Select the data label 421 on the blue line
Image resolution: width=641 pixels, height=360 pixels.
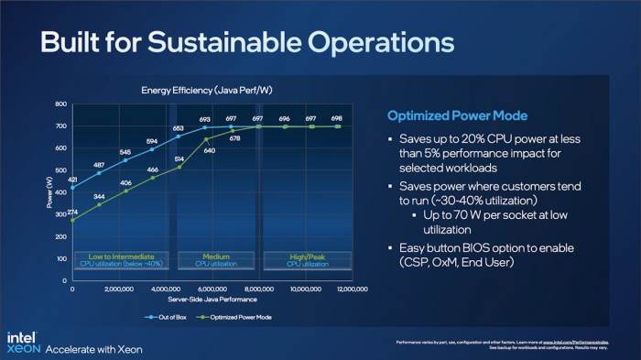pos(72,180)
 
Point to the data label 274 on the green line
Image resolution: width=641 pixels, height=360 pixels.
pos(72,213)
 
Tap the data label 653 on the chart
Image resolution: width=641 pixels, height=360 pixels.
pos(179,129)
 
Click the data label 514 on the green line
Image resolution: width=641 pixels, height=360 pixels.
pos(179,158)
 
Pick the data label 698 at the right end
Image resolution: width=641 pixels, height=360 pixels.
pos(337,119)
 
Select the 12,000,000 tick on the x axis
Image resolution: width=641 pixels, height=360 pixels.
pos(351,289)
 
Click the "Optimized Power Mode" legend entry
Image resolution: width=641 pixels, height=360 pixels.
pos(233,317)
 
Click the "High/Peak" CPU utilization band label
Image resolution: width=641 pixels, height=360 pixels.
pos(307,256)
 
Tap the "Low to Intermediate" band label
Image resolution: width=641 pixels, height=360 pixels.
pos(119,256)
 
